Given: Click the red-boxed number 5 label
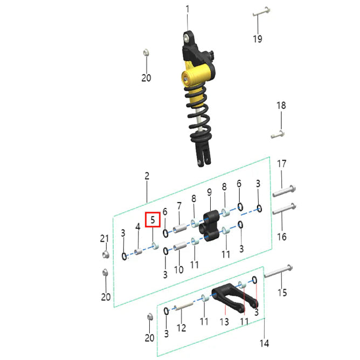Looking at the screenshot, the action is pyautogui.click(x=153, y=220).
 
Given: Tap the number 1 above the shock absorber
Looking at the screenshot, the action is pyautogui.click(x=188, y=9).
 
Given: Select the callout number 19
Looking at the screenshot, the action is pyautogui.click(x=258, y=39).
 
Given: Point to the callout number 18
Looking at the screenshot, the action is pyautogui.click(x=281, y=106).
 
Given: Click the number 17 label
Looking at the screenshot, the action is pyautogui.click(x=281, y=164).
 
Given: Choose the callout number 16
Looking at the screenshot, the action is pyautogui.click(x=282, y=237).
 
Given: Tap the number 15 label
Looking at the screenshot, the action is pyautogui.click(x=282, y=293).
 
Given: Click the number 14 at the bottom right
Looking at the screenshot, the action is pyautogui.click(x=264, y=343).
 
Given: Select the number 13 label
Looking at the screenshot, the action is pyautogui.click(x=224, y=322).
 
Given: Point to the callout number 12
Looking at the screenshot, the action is pyautogui.click(x=181, y=328).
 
